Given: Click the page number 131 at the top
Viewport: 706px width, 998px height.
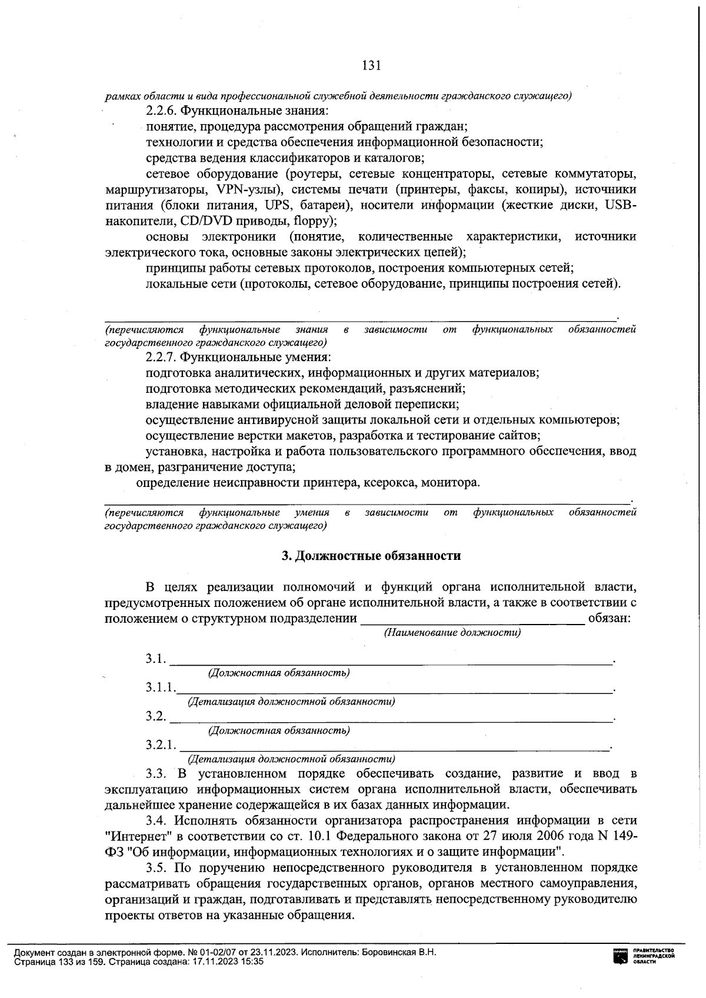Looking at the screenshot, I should (x=372, y=65).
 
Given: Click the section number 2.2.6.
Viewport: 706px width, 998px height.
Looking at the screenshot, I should (x=161, y=110).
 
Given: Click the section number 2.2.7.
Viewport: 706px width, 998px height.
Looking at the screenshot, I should (x=161, y=357).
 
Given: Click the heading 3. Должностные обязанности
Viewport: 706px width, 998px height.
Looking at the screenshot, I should (x=371, y=556).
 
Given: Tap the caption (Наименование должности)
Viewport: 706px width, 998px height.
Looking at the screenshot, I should (x=452, y=633).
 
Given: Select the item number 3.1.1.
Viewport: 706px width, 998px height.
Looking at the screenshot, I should (x=161, y=687).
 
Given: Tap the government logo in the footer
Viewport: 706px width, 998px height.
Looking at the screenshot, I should (x=620, y=956).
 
